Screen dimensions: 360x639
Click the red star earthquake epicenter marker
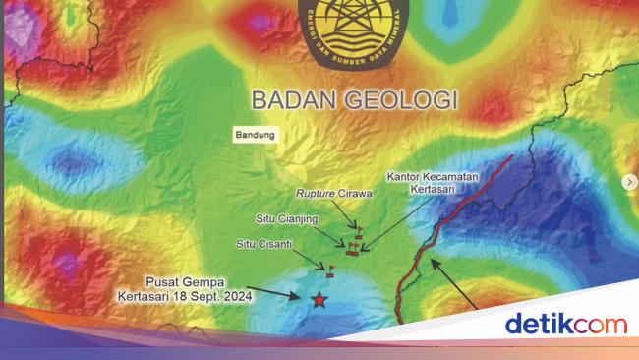[x=318, y=299]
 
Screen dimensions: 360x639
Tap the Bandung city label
[x=257, y=135]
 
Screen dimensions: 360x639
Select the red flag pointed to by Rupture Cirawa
[x=359, y=230]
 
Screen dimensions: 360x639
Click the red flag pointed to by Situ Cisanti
[x=330, y=267]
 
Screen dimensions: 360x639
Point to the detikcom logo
[x=565, y=323]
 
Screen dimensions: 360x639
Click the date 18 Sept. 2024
[x=217, y=294]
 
